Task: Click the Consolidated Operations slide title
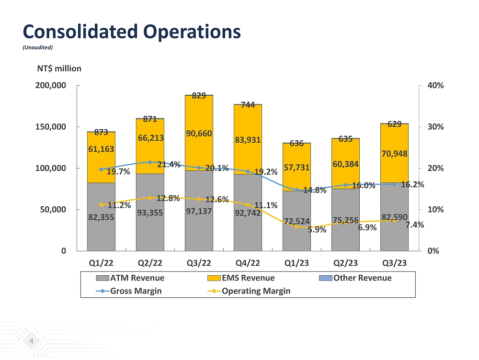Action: pos(132,32)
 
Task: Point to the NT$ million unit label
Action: pos(59,68)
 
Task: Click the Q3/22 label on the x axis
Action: pos(199,263)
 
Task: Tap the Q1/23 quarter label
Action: pos(297,263)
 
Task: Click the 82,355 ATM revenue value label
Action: pos(101,217)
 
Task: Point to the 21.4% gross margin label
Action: pos(169,165)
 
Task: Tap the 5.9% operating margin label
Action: pos(317,230)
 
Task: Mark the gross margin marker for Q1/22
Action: pos(101,169)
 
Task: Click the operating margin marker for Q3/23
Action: pos(394,220)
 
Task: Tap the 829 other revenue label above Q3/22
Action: pos(199,96)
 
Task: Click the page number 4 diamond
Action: pos(32,341)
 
